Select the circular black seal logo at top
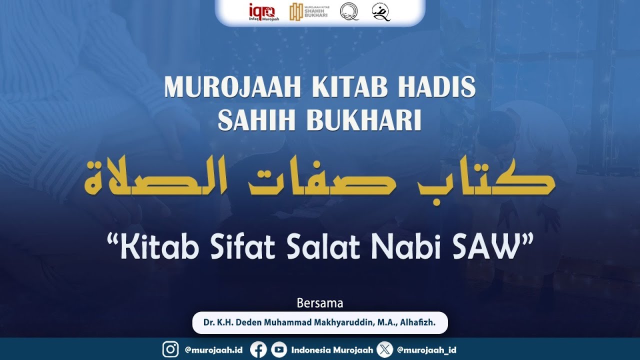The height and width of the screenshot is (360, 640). point(349,11)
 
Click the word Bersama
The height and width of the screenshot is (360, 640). point(320,303)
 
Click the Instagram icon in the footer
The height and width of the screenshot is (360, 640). point(170,350)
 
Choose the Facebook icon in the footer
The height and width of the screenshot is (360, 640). point(258,350)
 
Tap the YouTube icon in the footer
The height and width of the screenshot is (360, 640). point(279,350)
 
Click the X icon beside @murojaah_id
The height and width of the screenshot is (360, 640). point(384,350)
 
